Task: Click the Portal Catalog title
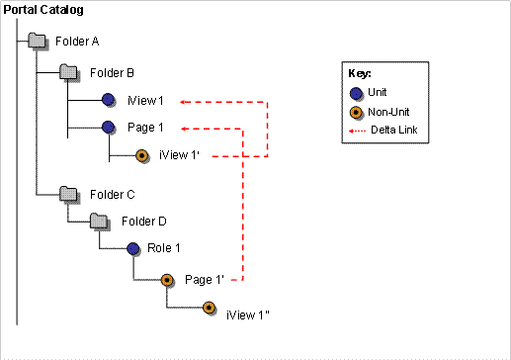point(43,9)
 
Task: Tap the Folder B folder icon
point(69,71)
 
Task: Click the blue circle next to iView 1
point(109,100)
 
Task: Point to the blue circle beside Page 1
point(109,127)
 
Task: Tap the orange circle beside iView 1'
point(141,154)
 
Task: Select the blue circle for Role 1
point(132,247)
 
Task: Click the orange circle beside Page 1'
point(167,281)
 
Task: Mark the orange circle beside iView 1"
point(209,308)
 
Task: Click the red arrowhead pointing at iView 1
point(185,100)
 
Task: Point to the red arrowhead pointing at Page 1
point(184,127)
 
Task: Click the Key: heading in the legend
point(360,73)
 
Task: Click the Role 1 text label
point(164,247)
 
